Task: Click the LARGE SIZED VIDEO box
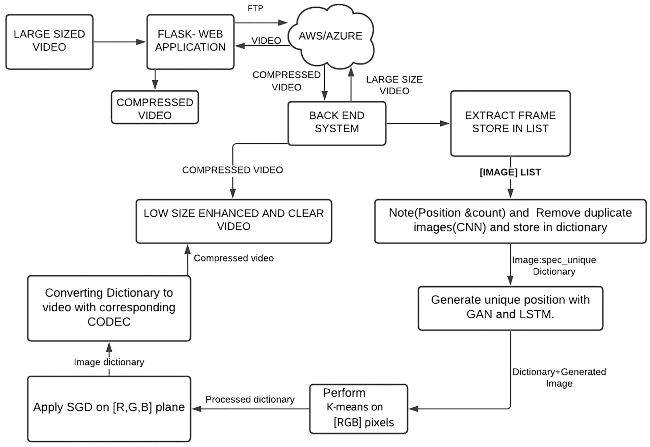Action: (x=49, y=42)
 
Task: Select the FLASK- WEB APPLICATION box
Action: (x=190, y=42)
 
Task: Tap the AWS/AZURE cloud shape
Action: (x=330, y=36)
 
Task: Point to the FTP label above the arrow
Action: (x=255, y=8)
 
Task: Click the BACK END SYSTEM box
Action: (x=337, y=123)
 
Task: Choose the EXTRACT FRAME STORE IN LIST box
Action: (x=510, y=123)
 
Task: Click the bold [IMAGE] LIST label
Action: (x=510, y=172)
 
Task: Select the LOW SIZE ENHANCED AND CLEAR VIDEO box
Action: (x=233, y=221)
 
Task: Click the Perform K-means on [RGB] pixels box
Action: (x=358, y=408)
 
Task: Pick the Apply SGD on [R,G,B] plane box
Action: (x=109, y=408)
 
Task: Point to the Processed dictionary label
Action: (x=250, y=399)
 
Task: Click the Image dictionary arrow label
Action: (x=109, y=362)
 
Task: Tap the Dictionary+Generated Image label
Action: (x=559, y=377)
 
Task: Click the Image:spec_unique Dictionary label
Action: (x=554, y=266)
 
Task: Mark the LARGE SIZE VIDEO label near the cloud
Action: (x=394, y=85)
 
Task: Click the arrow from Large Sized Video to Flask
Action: (x=119, y=42)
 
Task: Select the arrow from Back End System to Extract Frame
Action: (x=418, y=124)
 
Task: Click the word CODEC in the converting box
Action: (x=109, y=322)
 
